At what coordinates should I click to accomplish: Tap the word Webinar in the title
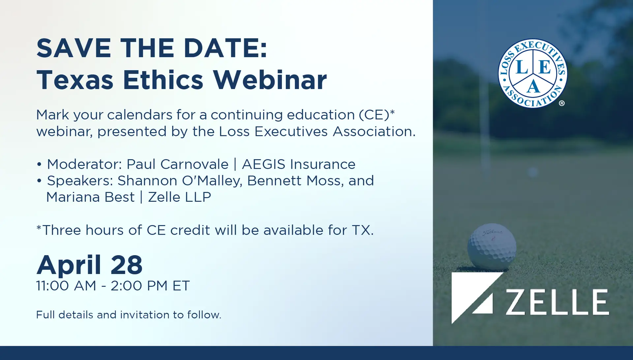point(270,80)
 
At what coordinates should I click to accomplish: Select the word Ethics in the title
point(163,80)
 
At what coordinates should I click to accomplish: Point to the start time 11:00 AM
point(66,285)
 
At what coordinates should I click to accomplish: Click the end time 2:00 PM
point(139,285)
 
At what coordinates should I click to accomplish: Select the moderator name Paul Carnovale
point(177,164)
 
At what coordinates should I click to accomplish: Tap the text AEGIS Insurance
point(299,164)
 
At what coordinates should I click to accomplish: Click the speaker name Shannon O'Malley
point(180,181)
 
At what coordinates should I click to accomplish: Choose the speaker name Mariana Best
point(90,197)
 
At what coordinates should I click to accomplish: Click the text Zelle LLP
point(179,197)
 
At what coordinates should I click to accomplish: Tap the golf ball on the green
point(492,246)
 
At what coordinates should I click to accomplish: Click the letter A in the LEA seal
point(533,87)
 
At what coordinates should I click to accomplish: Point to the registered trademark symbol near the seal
point(562,103)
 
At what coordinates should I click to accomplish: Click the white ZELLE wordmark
point(558,302)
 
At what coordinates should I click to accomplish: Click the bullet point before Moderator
point(39,164)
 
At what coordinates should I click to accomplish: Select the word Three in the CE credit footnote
point(62,230)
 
